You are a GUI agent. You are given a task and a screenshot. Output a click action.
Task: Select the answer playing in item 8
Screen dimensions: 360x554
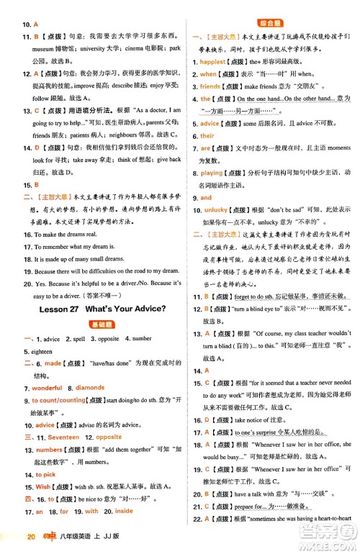point(212,173)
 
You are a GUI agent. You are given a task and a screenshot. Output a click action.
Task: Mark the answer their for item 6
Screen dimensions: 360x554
point(207,135)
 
